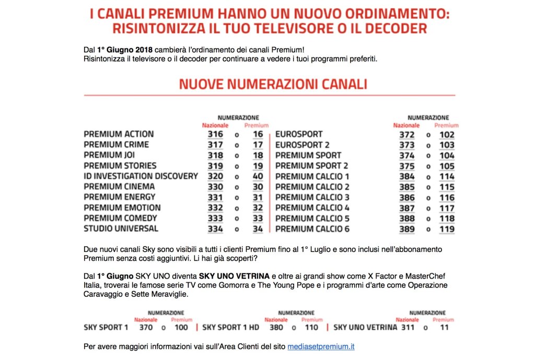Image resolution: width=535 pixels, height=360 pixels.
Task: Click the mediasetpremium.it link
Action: point(321,346)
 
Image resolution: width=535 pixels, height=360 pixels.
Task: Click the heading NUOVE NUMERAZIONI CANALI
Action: point(273,84)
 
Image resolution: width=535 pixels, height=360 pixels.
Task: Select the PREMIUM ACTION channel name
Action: point(119,134)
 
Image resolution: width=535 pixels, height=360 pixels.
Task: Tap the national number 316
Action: point(215,134)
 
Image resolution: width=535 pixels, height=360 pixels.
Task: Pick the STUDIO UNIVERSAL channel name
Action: point(121,229)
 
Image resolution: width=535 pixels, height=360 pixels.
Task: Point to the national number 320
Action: point(215,176)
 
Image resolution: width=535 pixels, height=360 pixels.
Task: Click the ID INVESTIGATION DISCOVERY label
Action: point(141,176)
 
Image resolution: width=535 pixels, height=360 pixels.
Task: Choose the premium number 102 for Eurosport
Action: point(447,134)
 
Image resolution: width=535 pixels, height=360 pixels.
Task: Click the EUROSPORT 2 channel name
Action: point(302,145)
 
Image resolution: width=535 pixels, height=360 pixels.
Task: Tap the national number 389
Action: point(406,229)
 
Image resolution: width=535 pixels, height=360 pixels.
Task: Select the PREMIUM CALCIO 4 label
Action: point(312,208)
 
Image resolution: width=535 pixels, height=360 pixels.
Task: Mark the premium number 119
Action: point(447,229)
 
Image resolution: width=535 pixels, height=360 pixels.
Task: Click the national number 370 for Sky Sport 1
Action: point(147,328)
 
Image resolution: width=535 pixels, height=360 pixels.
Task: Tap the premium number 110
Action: point(311,328)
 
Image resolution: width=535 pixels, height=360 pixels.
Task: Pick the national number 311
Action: point(408,328)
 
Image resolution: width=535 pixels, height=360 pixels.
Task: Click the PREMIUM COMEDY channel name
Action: point(120,218)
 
